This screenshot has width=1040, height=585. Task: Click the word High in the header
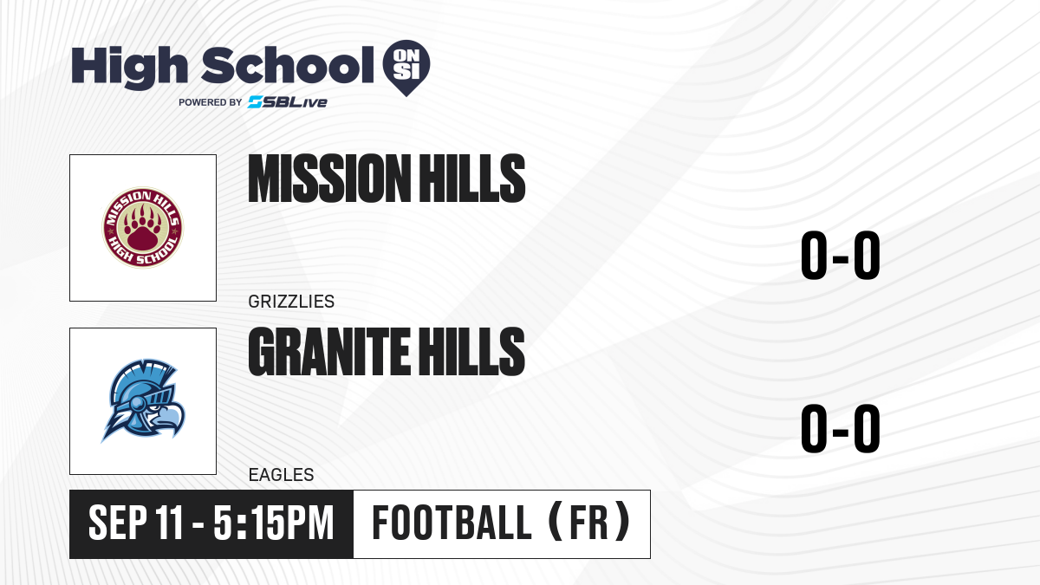[x=129, y=67]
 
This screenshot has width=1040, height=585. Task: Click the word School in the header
[x=288, y=65]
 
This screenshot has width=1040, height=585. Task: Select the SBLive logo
[x=288, y=102]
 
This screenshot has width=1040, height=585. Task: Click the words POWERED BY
[x=211, y=102]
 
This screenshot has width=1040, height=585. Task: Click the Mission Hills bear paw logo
[x=143, y=227]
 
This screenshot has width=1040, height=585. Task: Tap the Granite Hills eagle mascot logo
[x=143, y=400]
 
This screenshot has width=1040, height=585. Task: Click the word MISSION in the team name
[x=327, y=179]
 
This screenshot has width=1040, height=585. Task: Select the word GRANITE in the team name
[x=328, y=351]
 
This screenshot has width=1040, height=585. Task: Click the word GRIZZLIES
[x=291, y=302]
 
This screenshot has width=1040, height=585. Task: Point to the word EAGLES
[x=281, y=475]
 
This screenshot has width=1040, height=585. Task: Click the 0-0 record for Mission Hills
[x=841, y=256]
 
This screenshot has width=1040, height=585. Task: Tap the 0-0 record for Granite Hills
[x=841, y=428]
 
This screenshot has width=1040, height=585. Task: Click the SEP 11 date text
[x=135, y=523]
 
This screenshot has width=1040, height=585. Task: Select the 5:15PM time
[x=274, y=523]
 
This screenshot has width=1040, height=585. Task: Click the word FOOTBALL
[x=452, y=523]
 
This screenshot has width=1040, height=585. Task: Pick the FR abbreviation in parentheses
[x=588, y=523]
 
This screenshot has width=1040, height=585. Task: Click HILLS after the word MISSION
[x=471, y=179]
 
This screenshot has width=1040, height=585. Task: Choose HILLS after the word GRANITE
[x=471, y=351]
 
